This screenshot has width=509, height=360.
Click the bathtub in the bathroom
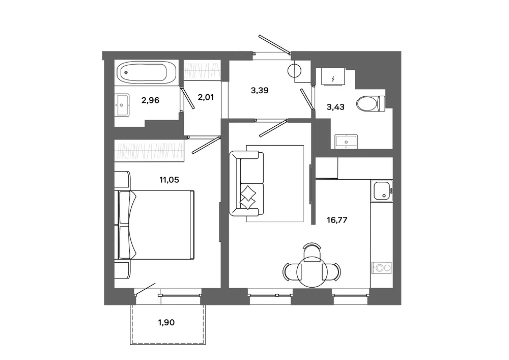[x=146, y=72]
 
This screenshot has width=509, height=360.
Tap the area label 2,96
[x=150, y=100]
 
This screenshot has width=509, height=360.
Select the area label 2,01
[x=206, y=97]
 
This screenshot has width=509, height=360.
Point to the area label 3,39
[x=260, y=91]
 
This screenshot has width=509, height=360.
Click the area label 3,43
[x=335, y=107]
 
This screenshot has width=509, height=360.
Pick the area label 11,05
[x=169, y=180]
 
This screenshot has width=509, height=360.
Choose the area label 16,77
[x=337, y=220]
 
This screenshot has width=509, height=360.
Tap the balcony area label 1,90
[x=166, y=322]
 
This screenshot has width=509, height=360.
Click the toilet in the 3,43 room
[x=371, y=104]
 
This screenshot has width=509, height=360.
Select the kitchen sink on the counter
[x=382, y=191]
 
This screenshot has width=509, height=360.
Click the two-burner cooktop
[x=382, y=268]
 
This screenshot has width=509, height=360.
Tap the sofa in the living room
[x=246, y=183]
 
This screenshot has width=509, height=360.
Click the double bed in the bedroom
[x=155, y=225]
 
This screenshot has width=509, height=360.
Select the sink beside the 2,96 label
[x=122, y=105]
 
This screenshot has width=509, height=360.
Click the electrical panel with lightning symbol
[x=332, y=76]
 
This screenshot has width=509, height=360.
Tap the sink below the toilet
[x=346, y=142]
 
